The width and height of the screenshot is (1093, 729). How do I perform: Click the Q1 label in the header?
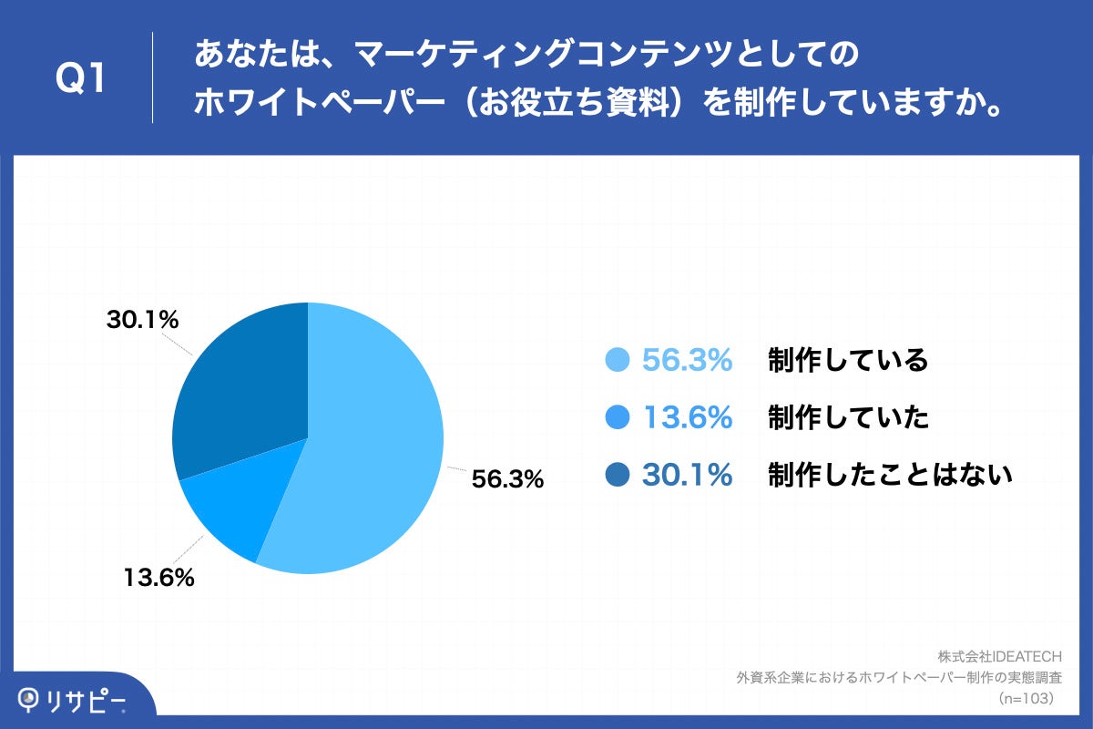82,78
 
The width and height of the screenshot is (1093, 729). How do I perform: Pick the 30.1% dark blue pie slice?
241,383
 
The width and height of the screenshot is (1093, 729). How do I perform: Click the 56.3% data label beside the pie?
507,478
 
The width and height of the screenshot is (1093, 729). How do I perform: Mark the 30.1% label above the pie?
142,320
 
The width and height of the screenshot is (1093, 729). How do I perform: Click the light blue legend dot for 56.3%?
618,361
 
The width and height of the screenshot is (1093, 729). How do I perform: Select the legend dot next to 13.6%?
618,417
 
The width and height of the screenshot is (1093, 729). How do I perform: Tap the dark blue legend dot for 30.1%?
618,474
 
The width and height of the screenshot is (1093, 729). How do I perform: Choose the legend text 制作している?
847,361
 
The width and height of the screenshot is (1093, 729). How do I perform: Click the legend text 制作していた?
847,417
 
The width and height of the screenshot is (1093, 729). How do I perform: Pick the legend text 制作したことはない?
890,474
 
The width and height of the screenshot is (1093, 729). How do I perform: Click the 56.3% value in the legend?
688,361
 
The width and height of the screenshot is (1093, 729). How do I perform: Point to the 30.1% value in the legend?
688,474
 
